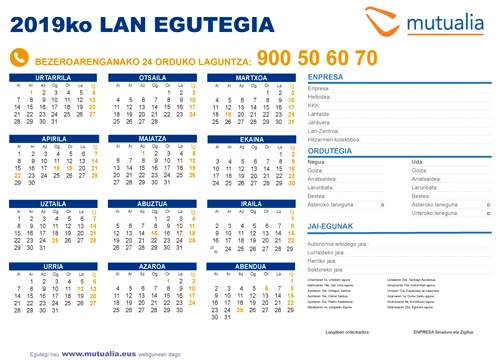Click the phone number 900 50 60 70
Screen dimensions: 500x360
click(x=317, y=57)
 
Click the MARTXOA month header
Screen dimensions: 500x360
click(x=250, y=77)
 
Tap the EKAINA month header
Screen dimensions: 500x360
click(x=250, y=139)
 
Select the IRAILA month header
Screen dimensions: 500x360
click(x=250, y=202)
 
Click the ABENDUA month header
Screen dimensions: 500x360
click(x=250, y=268)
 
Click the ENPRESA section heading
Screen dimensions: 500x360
click(x=326, y=77)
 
